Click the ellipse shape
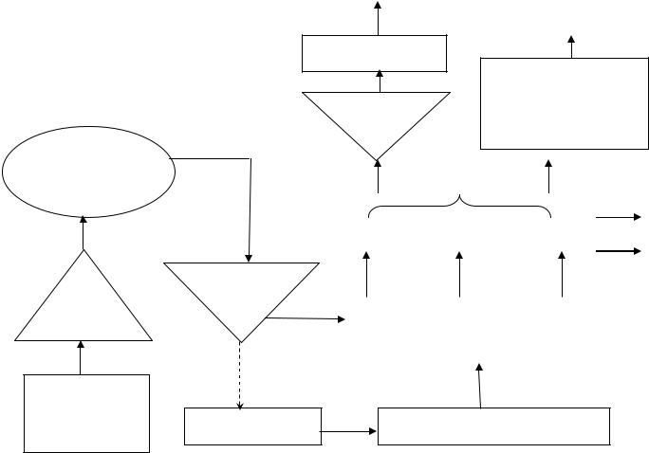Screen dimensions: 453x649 pyautogui.click(x=88, y=172)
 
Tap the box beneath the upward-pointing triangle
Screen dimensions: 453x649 pyautogui.click(x=86, y=413)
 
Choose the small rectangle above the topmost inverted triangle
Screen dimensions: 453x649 pyautogui.click(x=374, y=53)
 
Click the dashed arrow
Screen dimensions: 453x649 pyautogui.click(x=240, y=375)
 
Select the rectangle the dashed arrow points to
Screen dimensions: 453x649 pyautogui.click(x=252, y=426)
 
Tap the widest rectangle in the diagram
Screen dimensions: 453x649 pyautogui.click(x=493, y=426)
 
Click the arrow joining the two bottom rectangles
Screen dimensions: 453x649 pyautogui.click(x=349, y=432)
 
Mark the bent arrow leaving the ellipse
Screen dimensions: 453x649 pyautogui.click(x=249, y=190)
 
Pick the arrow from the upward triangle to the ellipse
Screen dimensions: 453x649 pyautogui.click(x=83, y=233)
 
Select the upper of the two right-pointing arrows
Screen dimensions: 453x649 pyautogui.click(x=619, y=217)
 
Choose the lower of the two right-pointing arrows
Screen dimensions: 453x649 pyautogui.click(x=619, y=251)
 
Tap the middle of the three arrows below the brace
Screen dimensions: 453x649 pyautogui.click(x=459, y=275)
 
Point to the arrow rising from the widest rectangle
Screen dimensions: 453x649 pyautogui.click(x=480, y=386)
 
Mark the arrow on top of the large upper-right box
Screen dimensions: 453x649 pyautogui.click(x=571, y=46)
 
